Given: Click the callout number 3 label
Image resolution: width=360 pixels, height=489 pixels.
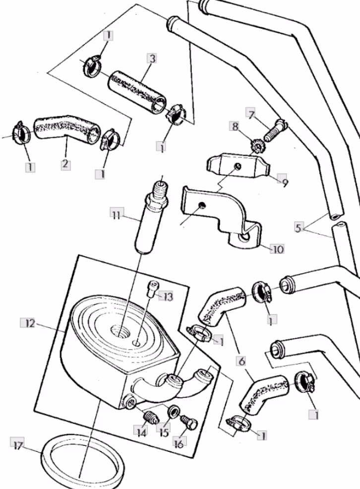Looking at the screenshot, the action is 152,59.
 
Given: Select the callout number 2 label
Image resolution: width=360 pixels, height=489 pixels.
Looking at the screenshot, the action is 65,164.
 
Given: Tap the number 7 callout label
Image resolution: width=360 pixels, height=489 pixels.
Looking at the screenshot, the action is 251,115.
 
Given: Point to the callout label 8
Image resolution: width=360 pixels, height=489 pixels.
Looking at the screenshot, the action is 235,126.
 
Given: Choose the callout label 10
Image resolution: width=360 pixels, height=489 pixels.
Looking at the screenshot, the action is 277,249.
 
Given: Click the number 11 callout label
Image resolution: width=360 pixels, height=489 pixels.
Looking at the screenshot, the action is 117,215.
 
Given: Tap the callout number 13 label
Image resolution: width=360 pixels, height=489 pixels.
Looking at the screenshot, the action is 167,296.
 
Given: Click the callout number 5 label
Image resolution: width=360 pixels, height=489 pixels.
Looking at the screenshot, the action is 299,227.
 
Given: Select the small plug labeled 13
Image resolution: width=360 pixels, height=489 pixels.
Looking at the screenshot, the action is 151,289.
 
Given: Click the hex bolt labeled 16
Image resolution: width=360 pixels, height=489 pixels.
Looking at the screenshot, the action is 189,422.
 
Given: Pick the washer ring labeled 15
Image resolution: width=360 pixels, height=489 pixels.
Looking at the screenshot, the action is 173,412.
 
